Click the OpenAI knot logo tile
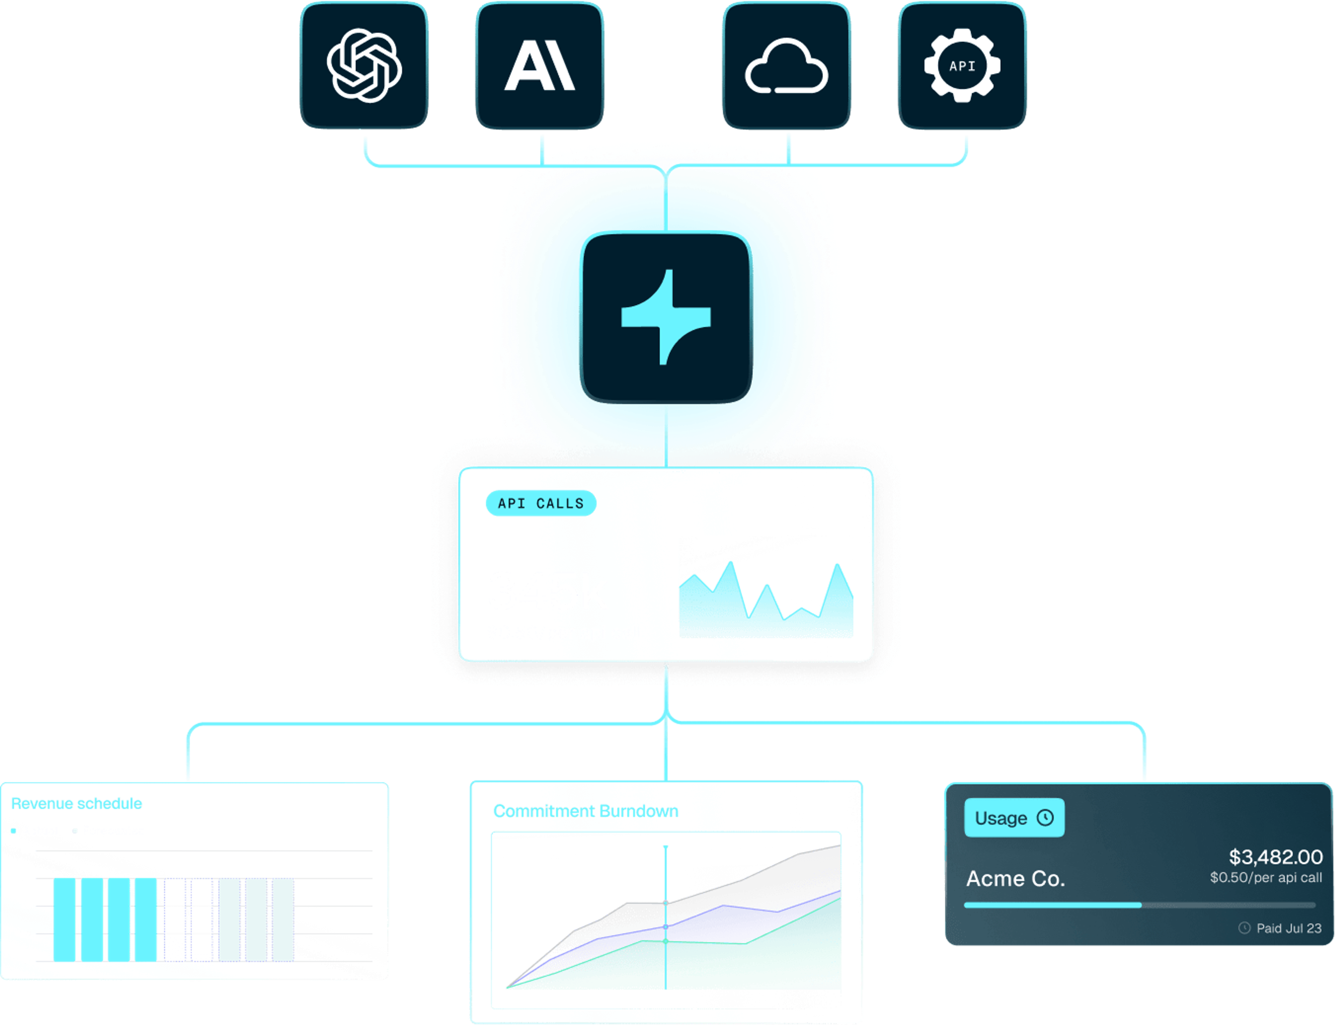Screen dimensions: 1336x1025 pyautogui.click(x=364, y=66)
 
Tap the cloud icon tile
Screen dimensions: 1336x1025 pyautogui.click(x=786, y=66)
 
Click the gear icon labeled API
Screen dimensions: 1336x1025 pyautogui.click(x=962, y=66)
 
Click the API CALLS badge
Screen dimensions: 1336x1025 pyautogui.click(x=541, y=503)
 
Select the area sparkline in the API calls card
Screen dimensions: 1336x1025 pyautogui.click(x=766, y=604)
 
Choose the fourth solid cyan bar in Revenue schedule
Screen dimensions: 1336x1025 pyautogui.click(x=146, y=920)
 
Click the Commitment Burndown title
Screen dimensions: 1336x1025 pyautogui.click(x=586, y=811)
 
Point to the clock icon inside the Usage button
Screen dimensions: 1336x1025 pyautogui.click(x=1045, y=818)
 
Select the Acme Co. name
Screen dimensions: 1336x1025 pyautogui.click(x=1015, y=879)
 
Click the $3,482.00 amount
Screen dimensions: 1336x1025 pyautogui.click(x=1275, y=857)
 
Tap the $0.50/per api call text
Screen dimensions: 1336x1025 pyautogui.click(x=1266, y=877)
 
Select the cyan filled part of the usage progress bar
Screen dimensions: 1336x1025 pyautogui.click(x=1052, y=905)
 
